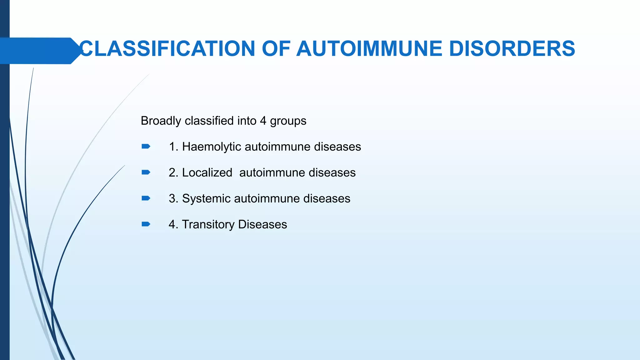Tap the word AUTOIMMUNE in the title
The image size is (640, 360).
pos(369,49)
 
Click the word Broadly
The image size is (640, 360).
pos(161,121)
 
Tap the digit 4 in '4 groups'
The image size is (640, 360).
pos(263,121)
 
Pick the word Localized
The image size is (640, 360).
pos(207,173)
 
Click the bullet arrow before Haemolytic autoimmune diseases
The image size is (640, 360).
pos(146,147)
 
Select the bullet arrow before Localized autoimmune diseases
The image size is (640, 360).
pos(146,172)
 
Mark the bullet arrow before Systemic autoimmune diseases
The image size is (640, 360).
pos(146,198)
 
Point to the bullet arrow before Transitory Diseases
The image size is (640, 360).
pos(146,224)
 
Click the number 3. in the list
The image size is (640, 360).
pos(173,199)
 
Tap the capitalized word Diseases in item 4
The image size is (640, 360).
pos(262,225)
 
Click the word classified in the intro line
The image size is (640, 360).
pos(209,121)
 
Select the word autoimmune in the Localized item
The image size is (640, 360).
pos(272,173)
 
